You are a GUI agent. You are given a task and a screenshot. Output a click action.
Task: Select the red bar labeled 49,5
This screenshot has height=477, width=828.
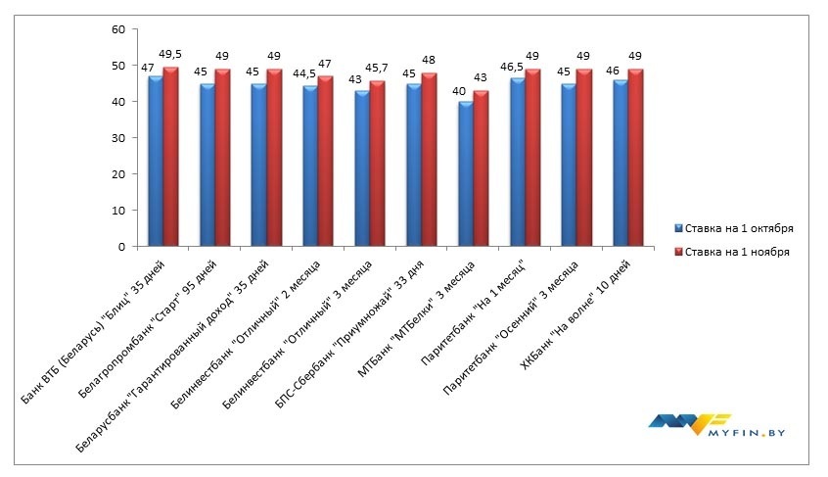point(170,157)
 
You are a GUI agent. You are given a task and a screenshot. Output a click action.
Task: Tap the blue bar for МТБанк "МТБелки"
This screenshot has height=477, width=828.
point(465,173)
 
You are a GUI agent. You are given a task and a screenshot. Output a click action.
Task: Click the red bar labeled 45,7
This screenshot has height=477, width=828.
point(378,164)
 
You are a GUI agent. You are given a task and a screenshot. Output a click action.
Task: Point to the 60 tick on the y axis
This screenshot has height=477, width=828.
point(118,29)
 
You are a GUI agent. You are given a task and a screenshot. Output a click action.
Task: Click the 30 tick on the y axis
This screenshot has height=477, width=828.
point(118,138)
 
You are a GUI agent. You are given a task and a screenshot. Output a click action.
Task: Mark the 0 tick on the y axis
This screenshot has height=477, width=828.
point(121,247)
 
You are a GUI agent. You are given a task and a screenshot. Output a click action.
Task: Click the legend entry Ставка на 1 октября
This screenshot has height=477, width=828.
point(740,228)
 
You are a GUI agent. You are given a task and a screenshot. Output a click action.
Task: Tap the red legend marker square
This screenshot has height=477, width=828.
point(677,252)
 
